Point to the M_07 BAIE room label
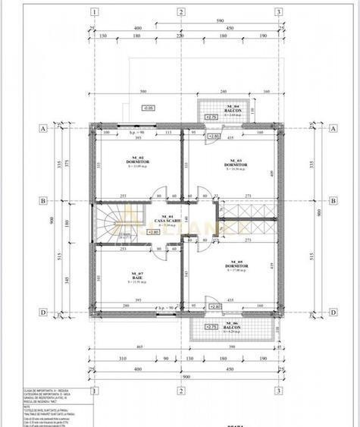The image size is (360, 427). coord(137,275)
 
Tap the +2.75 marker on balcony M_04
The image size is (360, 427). coord(211,117)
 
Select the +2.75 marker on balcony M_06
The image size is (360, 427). coord(211,325)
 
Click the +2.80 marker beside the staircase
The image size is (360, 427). coord(154,232)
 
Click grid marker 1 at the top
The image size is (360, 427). coord(94,11)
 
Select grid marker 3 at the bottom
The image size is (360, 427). coord(279,391)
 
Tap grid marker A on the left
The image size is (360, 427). coord(43,129)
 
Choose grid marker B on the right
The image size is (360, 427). coord(332,201)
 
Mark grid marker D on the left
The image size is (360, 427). coord(43,311)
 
